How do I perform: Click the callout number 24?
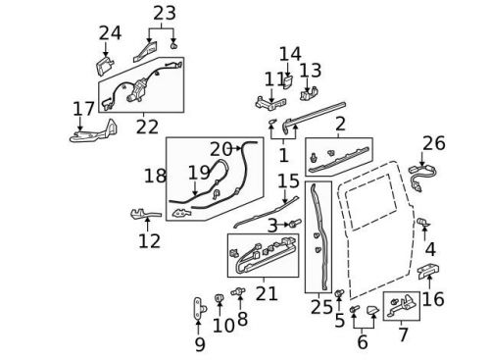[110, 33]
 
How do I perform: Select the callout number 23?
[165, 14]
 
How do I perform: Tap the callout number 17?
[84, 108]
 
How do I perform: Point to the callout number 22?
[147, 128]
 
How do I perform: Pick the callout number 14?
[289, 53]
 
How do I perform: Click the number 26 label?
[433, 144]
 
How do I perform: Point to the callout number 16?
[433, 299]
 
